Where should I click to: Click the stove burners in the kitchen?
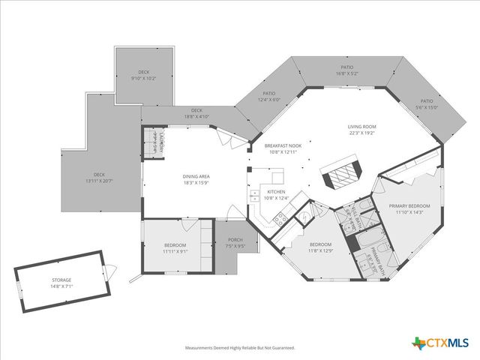point(281,219)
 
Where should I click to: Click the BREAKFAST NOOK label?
point(283,145)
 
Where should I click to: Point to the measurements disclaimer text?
point(240,348)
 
